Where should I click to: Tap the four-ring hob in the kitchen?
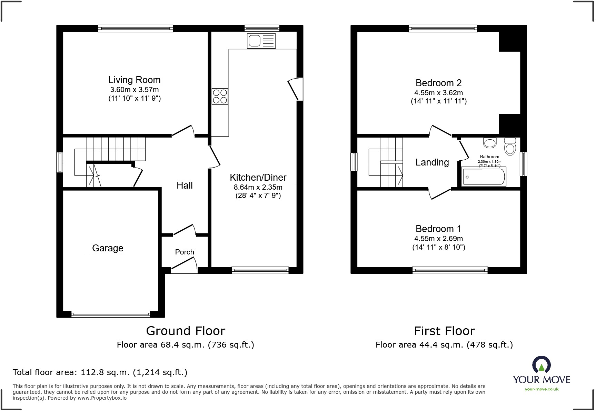coord(220,96)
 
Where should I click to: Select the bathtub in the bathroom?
coord(484,177)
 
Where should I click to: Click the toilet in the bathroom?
coord(510,147)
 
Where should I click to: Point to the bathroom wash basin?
coord(490,142)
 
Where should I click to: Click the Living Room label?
coord(134,80)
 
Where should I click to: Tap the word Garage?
coord(108,248)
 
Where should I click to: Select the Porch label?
coord(185,252)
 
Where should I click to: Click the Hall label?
coord(185,186)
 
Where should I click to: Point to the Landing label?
coord(432,162)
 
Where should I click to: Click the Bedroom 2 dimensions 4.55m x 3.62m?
coord(438,93)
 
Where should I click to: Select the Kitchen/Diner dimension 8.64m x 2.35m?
coord(258,187)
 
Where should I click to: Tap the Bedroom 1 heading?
coord(438,229)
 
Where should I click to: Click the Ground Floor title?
coord(186,331)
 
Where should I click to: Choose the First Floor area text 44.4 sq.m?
coord(444,345)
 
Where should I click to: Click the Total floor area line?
coord(100,372)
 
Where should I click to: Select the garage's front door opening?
coord(110,314)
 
